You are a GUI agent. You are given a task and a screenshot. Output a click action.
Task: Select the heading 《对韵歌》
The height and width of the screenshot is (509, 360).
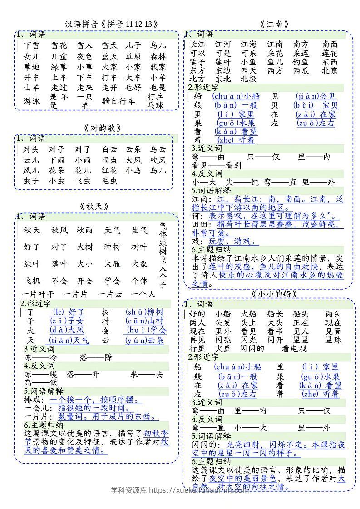coord(103,128)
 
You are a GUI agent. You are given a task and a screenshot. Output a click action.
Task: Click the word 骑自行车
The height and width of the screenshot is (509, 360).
coord(119,101)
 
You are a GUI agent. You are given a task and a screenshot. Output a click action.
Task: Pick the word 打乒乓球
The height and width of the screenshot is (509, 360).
coord(155,101)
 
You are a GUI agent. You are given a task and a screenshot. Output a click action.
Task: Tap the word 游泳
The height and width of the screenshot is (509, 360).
coord(31,101)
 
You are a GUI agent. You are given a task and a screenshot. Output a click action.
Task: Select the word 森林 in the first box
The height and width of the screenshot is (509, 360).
coord(158,57)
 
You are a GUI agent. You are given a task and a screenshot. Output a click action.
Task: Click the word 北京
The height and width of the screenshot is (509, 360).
coord(330,70)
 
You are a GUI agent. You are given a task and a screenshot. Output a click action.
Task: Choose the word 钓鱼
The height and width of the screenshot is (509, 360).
coord(301,62)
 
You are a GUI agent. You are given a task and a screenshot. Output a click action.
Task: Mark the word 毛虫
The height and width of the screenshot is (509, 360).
coord(109,181)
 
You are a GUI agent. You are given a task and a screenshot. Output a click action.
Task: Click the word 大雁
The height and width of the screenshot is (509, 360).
coord(112,264)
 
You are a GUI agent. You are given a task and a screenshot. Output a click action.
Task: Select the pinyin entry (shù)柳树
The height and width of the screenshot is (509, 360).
coord(144,312)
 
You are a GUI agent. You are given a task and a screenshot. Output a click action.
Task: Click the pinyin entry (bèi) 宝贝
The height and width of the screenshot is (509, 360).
coord(317,105)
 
